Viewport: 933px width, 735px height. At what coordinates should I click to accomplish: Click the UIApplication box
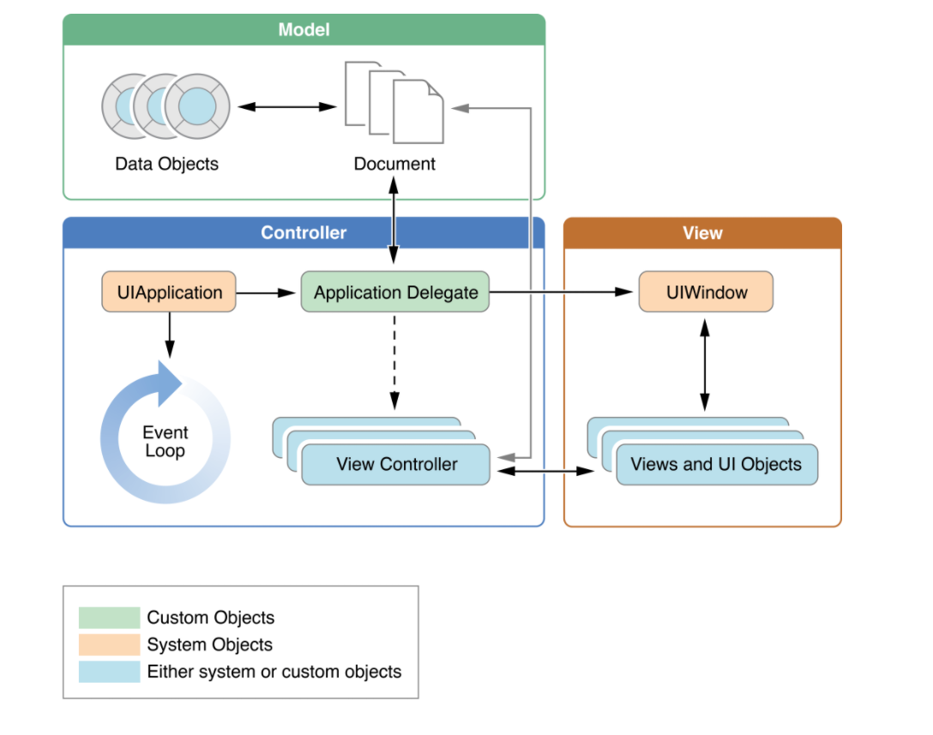click(169, 292)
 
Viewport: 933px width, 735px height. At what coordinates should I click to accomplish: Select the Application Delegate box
click(395, 292)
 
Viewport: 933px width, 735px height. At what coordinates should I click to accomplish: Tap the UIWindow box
click(706, 292)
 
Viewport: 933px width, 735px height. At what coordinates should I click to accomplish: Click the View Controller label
click(396, 465)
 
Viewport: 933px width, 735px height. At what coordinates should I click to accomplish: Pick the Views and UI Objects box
click(716, 465)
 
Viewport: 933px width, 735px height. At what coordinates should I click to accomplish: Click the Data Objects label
click(166, 164)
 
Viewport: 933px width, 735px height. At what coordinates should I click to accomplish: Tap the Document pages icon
click(394, 102)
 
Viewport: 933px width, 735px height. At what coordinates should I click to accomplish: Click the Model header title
click(304, 30)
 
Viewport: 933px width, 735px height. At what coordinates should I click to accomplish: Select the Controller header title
click(304, 233)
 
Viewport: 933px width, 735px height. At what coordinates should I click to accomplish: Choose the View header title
click(702, 233)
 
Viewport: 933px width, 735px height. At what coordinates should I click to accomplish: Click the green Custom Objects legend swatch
click(109, 618)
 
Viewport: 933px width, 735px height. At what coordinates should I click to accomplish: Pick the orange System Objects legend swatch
click(109, 645)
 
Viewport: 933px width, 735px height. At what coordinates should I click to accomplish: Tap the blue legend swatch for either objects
click(109, 672)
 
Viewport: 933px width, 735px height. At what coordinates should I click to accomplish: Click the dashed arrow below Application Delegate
click(394, 360)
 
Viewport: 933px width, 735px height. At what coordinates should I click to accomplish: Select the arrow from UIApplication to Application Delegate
click(267, 293)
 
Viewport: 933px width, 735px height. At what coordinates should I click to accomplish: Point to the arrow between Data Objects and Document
click(286, 107)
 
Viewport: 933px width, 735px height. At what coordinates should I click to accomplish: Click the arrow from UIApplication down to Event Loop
click(169, 334)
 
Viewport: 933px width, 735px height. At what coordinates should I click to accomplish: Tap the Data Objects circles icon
click(166, 106)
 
